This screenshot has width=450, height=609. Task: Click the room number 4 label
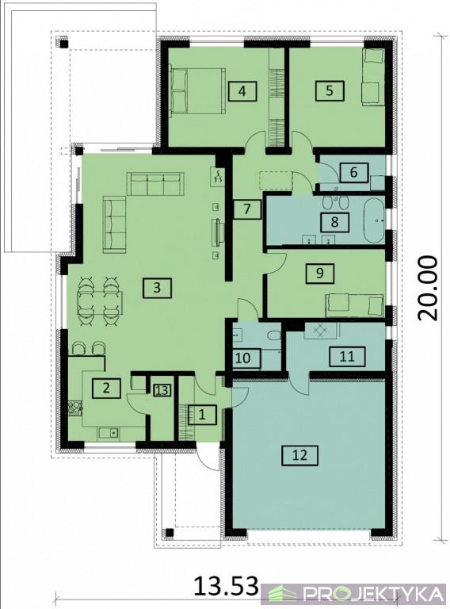pyautogui.click(x=242, y=92)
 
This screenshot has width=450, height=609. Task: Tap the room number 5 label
pyautogui.click(x=330, y=91)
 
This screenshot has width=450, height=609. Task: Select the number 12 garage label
pyautogui.click(x=300, y=455)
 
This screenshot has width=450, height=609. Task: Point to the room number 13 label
pyautogui.click(x=162, y=390)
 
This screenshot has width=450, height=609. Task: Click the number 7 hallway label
pyautogui.click(x=247, y=209)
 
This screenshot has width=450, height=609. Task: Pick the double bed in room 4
pyautogui.click(x=198, y=91)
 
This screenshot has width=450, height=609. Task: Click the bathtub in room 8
pyautogui.click(x=374, y=220)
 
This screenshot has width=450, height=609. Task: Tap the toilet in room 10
pyautogui.click(x=275, y=334)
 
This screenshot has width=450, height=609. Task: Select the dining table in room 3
pyautogui.click(x=101, y=303)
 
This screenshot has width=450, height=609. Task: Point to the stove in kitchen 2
pyautogui.click(x=75, y=408)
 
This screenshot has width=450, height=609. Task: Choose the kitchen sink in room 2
pyautogui.click(x=109, y=432)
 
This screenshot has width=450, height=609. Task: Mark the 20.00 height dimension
pyautogui.click(x=428, y=288)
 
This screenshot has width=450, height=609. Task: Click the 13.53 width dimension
pyautogui.click(x=226, y=586)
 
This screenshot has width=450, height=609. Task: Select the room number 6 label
pyautogui.click(x=353, y=172)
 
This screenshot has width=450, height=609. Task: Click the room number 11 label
pyautogui.click(x=347, y=357)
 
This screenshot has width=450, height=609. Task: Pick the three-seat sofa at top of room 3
pyautogui.click(x=154, y=184)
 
